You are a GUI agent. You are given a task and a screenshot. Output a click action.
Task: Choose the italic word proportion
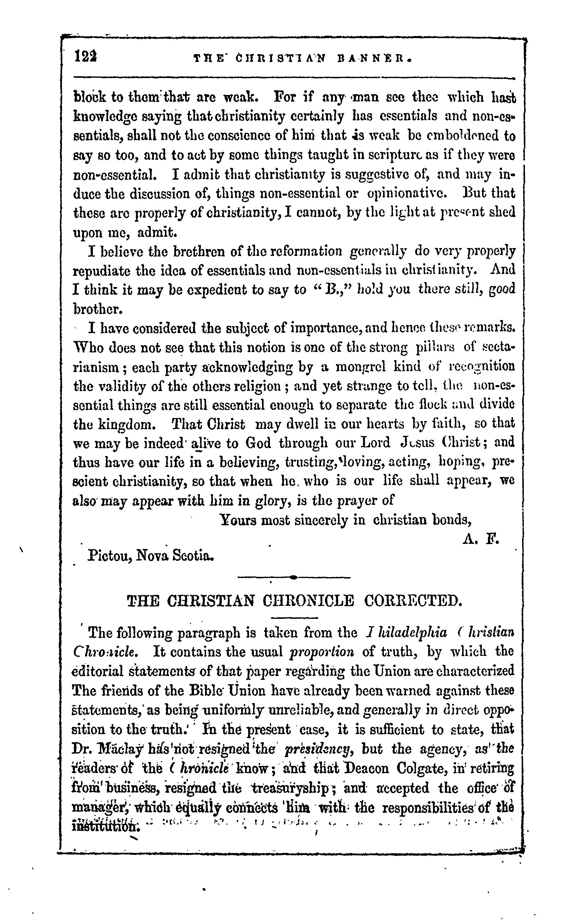322,652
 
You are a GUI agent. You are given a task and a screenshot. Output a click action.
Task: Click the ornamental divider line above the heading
294,577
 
